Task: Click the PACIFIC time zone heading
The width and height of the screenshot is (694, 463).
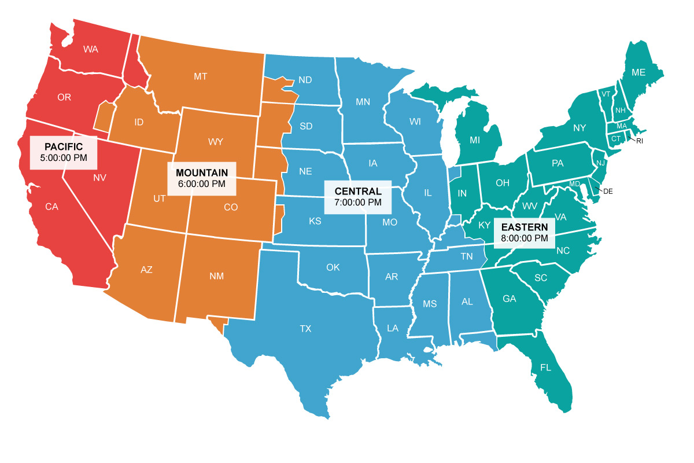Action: (x=64, y=146)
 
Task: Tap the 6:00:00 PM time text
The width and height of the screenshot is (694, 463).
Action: (x=201, y=183)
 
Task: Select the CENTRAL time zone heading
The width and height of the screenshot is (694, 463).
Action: (x=357, y=191)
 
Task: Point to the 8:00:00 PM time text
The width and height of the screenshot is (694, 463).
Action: (x=525, y=237)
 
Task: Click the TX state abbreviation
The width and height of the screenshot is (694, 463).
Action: (x=305, y=329)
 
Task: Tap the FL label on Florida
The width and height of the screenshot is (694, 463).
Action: (x=545, y=368)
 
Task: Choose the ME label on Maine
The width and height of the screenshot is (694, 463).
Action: (x=638, y=72)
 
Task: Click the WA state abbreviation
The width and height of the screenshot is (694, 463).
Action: (x=90, y=49)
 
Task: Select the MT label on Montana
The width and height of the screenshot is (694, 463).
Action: (x=201, y=76)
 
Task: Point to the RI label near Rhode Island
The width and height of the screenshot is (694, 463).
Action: (x=640, y=141)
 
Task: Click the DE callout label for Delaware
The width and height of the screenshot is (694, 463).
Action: (x=608, y=191)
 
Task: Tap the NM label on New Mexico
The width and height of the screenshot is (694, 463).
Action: (x=216, y=276)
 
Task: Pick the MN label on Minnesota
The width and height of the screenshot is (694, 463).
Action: (x=363, y=102)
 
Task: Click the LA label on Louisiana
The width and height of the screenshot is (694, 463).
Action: (x=393, y=328)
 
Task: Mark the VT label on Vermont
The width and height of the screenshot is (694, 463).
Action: (x=606, y=94)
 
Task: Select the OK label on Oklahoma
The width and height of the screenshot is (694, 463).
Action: (x=333, y=267)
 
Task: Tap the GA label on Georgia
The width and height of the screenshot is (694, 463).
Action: (x=509, y=299)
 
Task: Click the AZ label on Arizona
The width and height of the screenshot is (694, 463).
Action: (x=146, y=269)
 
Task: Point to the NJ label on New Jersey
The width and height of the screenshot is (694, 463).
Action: (x=600, y=164)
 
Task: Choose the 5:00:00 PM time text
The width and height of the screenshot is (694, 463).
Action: (x=64, y=157)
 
